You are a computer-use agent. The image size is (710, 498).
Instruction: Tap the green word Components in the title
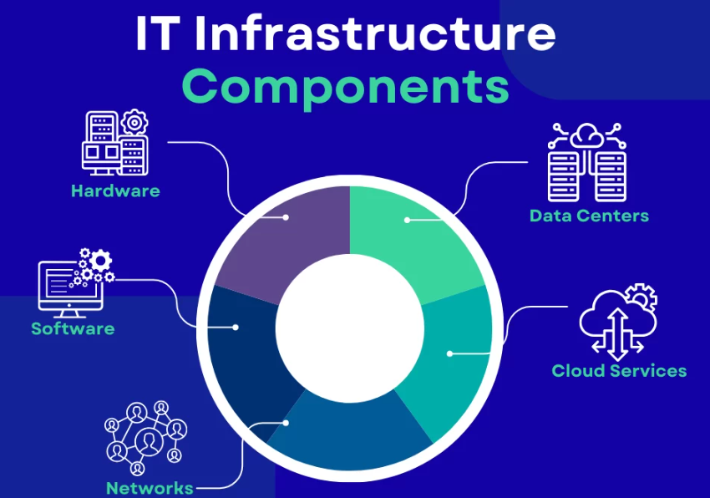[x=345, y=84]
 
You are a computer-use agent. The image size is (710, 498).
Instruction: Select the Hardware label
[x=115, y=191]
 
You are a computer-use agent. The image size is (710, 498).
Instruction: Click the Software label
[x=73, y=328]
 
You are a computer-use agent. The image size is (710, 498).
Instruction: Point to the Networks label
[x=150, y=488]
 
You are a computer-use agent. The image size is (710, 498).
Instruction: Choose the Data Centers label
[x=589, y=216]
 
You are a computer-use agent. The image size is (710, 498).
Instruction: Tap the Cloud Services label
[x=619, y=370]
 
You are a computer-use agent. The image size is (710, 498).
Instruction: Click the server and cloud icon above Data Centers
[x=586, y=162]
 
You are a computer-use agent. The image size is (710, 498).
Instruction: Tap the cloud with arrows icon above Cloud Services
[x=617, y=321]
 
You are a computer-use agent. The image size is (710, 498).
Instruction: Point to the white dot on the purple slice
[x=287, y=217]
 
